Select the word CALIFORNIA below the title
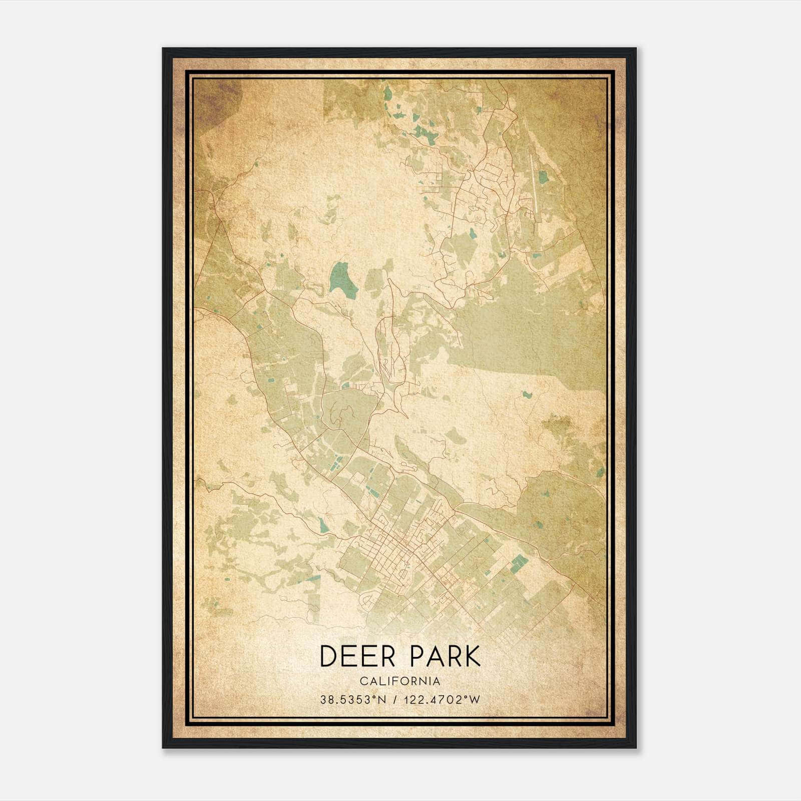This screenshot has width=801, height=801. [400, 681]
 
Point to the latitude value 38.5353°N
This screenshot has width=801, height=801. [353, 699]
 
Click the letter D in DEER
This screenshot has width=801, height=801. [327, 656]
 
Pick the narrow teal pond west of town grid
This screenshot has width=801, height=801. [321, 524]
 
